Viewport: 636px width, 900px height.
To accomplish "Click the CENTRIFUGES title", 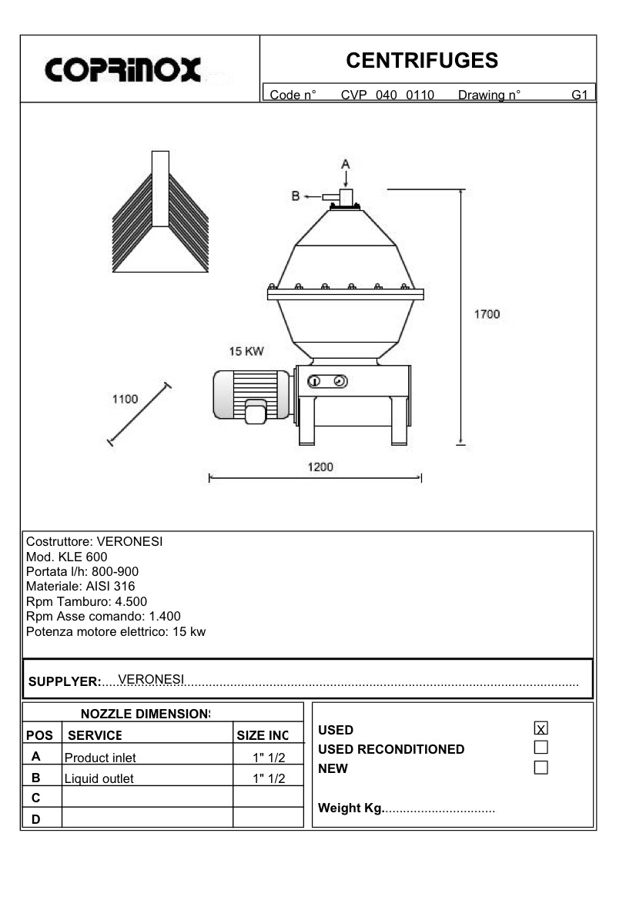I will pyautogui.click(x=422, y=60).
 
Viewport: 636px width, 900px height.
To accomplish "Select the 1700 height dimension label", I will pyautogui.click(x=486, y=314).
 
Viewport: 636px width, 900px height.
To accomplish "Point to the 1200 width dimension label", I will pyautogui.click(x=320, y=467).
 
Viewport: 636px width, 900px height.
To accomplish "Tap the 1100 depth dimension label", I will pyautogui.click(x=125, y=399).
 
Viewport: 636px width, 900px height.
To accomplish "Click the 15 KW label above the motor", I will pyautogui.click(x=246, y=351).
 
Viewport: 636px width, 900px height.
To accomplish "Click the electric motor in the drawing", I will pyautogui.click(x=250, y=394).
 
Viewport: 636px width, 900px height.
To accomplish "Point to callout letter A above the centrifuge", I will pyautogui.click(x=346, y=163).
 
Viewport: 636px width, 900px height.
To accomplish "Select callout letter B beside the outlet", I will pyautogui.click(x=296, y=196).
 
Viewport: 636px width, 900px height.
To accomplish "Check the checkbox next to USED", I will pyautogui.click(x=541, y=728).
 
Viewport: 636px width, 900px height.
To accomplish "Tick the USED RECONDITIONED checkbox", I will pyautogui.click(x=541, y=748).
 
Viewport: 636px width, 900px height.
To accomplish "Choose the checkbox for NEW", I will pyautogui.click(x=541, y=768).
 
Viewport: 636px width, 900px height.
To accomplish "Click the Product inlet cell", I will pyautogui.click(x=100, y=758).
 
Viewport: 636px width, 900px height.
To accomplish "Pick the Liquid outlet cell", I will pyautogui.click(x=99, y=778).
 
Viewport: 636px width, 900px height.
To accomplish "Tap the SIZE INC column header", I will pyautogui.click(x=263, y=735).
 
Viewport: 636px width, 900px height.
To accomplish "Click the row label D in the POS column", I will pyautogui.click(x=35, y=819).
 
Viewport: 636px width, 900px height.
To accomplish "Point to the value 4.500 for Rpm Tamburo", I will pyautogui.click(x=131, y=601).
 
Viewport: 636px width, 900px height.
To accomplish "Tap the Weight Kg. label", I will pyautogui.click(x=350, y=808).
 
